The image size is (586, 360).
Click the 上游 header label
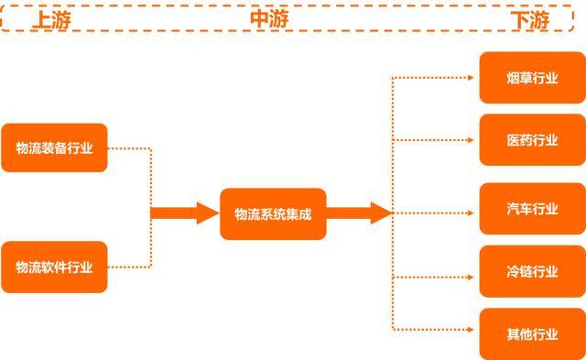point(52,19)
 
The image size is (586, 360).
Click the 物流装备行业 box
point(54,147)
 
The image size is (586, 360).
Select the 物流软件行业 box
point(54,267)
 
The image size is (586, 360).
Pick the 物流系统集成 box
point(273,214)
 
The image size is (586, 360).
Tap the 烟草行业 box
point(532,78)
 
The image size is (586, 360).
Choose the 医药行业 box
point(532,140)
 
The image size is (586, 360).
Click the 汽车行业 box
point(532,208)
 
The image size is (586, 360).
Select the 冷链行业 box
point(532,271)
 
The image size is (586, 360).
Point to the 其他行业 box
point(532,333)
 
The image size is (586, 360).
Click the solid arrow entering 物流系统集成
point(184,213)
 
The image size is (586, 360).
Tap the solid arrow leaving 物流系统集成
point(358,213)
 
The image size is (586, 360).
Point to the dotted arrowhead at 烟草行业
point(473,78)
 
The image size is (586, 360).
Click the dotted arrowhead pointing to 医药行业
point(473,140)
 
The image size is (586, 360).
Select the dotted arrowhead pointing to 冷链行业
point(473,276)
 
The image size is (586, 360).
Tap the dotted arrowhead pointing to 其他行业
point(473,327)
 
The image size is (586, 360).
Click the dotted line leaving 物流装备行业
point(129,147)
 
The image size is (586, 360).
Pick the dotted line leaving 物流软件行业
point(129,267)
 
